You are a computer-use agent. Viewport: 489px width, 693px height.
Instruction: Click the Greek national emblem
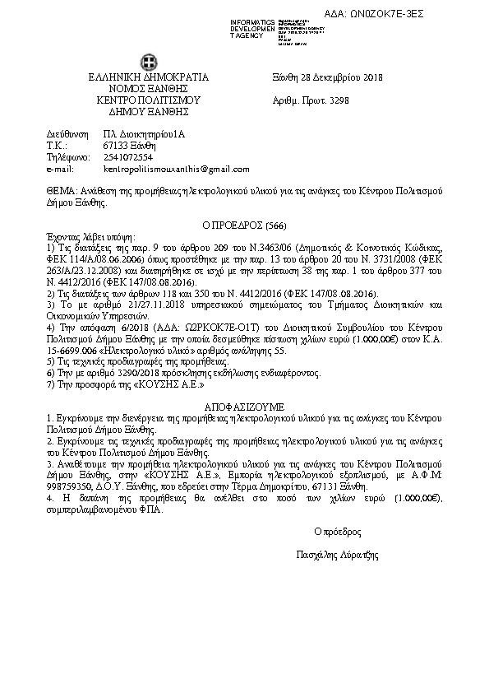pyautogui.click(x=149, y=62)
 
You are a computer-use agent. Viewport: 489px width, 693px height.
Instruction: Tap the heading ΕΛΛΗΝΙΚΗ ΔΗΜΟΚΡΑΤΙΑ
pyautogui.click(x=149, y=78)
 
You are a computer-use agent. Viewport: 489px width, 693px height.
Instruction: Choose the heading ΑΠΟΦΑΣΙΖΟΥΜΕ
pyautogui.click(x=244, y=407)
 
